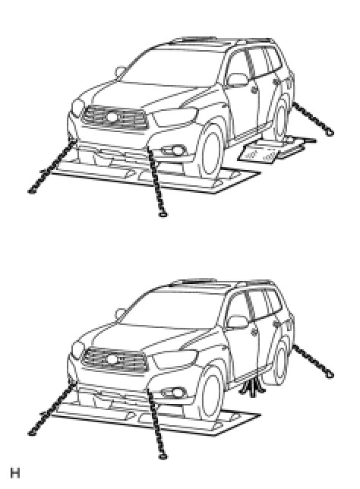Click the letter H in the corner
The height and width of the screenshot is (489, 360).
coord(15,473)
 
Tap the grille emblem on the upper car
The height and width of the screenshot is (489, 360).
coord(112,117)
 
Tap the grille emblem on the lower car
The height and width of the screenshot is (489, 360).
coord(112,359)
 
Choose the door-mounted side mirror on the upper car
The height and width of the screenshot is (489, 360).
coord(238,80)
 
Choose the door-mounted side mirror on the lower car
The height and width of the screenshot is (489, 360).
coord(238,322)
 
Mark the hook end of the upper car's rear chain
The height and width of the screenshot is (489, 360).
coord(330,132)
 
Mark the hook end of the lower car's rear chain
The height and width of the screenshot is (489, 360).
coord(330,374)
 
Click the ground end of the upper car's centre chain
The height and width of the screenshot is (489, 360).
coord(163,214)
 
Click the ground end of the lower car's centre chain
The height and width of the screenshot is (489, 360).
coord(163,457)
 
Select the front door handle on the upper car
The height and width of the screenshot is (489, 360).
coord(255,90)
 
